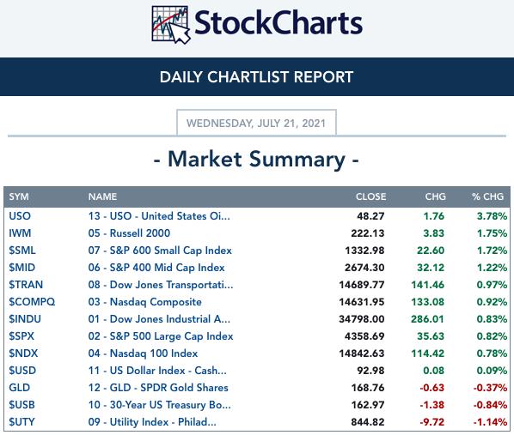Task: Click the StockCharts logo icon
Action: (171, 25)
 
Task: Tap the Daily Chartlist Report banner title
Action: (256, 77)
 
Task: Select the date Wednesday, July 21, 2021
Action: (256, 124)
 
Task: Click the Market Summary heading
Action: (256, 160)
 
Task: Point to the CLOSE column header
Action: (370, 196)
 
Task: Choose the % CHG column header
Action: (487, 196)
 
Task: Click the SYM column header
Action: (19, 196)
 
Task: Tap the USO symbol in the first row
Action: (20, 216)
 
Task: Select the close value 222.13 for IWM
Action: (368, 233)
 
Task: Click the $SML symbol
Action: (22, 251)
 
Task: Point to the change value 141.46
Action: (427, 285)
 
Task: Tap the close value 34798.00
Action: (362, 319)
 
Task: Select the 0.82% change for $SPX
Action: (492, 336)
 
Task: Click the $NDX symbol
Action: (23, 353)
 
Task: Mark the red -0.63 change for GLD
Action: (431, 388)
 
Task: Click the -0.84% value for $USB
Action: (490, 405)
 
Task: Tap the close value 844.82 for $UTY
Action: (368, 422)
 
